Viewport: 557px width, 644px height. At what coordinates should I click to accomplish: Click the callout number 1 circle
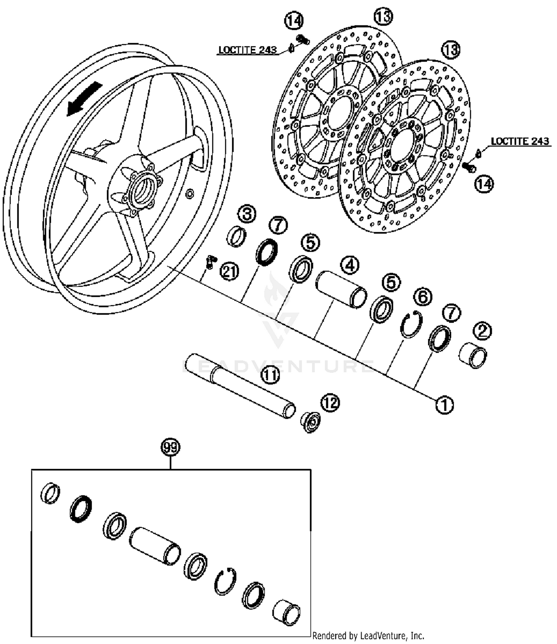(444, 404)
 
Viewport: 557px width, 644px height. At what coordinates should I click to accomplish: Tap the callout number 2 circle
(482, 331)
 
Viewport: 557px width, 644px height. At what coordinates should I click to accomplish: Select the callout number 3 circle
(247, 214)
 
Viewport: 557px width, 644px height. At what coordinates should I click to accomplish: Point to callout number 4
(349, 266)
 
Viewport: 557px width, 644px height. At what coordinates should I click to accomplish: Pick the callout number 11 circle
(270, 375)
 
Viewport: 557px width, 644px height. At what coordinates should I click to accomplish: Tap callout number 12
(330, 403)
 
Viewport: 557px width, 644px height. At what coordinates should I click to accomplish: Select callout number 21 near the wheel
(229, 272)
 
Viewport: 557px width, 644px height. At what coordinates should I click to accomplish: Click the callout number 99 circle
(170, 448)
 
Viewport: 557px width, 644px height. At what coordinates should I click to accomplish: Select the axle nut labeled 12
(310, 422)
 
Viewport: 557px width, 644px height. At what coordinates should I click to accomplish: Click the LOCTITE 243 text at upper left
(247, 50)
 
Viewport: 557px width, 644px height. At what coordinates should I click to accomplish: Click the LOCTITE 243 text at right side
(519, 142)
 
